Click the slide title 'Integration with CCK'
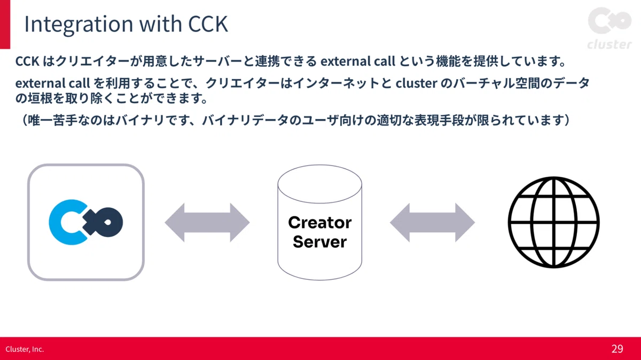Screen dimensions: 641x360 pos(126,24)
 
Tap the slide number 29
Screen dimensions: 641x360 pos(617,349)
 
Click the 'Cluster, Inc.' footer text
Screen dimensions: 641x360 pos(25,349)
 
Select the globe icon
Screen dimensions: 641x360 pos(554,222)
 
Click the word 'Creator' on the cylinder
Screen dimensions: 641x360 pos(319,223)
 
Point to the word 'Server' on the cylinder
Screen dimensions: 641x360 pos(319,242)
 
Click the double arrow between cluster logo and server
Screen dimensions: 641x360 pos(207,223)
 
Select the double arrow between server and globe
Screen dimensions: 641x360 pos(432,223)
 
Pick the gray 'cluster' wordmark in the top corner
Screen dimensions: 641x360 pos(609,45)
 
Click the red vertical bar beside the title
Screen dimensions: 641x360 pos(5,25)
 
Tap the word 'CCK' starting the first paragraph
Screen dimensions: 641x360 pos(27,61)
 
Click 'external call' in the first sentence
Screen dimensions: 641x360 pos(358,61)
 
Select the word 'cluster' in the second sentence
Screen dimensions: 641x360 pos(416,83)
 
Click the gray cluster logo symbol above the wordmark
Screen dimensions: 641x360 pos(609,21)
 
